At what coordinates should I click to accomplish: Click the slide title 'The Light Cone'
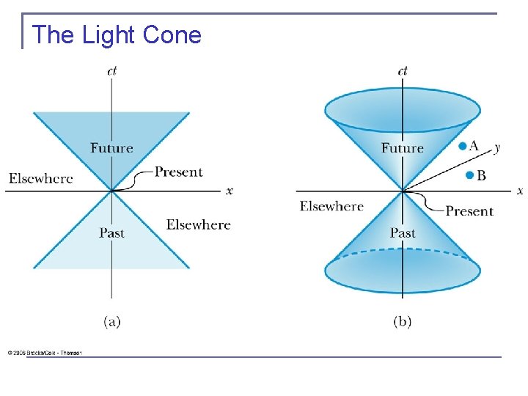[117, 34]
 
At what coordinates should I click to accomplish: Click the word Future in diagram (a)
[111, 148]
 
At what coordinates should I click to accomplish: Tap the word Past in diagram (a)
[111, 233]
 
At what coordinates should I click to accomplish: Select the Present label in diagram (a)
[178, 172]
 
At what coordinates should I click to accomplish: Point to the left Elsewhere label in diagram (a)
[41, 178]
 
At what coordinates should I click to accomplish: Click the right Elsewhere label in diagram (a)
[198, 224]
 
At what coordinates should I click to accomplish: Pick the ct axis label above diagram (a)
[111, 71]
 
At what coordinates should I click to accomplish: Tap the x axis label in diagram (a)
[230, 191]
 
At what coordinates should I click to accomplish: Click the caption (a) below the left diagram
[111, 322]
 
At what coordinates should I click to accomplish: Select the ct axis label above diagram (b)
[403, 71]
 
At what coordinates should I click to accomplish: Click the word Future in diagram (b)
[402, 148]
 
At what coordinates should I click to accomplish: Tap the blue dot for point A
[462, 147]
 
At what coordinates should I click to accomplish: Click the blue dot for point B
[469, 175]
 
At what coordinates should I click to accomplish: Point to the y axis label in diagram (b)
[497, 147]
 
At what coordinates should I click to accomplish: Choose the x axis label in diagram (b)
[520, 191]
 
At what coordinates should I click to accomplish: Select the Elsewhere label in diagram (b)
[331, 206]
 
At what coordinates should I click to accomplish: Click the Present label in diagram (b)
[469, 211]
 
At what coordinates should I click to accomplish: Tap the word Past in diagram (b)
[403, 233]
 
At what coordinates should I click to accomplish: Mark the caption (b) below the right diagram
[403, 322]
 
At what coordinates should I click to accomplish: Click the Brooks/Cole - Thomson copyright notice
[45, 353]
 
